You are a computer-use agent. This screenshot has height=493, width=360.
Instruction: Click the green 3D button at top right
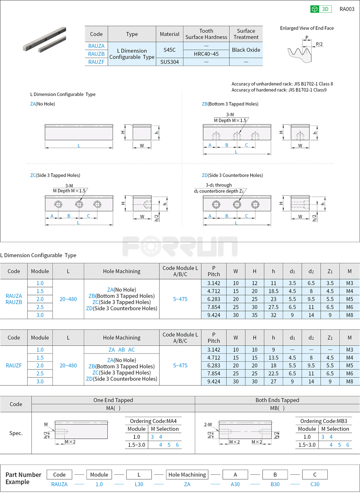coord(321,9)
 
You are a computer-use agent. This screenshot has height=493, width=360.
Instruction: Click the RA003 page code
coord(346,9)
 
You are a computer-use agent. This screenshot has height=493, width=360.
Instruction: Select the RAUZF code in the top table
coord(96,62)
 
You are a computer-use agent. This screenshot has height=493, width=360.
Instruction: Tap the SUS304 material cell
coord(169,62)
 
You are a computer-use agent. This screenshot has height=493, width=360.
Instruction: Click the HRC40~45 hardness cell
coord(206,54)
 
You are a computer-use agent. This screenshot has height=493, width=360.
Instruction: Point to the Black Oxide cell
coord(246,50)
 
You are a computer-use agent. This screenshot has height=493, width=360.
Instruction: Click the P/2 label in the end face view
coord(319,44)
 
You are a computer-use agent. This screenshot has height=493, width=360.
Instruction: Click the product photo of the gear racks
coord(45,39)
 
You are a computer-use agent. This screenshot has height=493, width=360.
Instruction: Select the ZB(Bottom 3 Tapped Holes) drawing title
coord(230,104)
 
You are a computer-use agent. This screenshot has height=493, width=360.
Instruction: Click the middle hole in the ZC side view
coord(79,204)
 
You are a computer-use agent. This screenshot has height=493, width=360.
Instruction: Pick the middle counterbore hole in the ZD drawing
coord(237,205)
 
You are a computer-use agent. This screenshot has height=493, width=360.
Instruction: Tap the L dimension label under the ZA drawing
coord(79,146)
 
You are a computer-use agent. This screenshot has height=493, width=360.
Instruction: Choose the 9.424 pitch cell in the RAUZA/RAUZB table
coord(214,315)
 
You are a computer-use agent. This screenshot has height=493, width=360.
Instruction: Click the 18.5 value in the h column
coord(273,291)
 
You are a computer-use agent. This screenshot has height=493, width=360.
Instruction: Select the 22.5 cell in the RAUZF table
coord(273,374)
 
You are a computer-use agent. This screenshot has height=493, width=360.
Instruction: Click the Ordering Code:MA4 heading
coord(153,421)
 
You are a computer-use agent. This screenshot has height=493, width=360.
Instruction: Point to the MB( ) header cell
coord(277,408)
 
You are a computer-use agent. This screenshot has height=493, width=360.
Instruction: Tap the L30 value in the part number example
coord(139,484)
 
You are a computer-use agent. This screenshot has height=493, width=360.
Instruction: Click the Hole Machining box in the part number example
coord(187,475)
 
